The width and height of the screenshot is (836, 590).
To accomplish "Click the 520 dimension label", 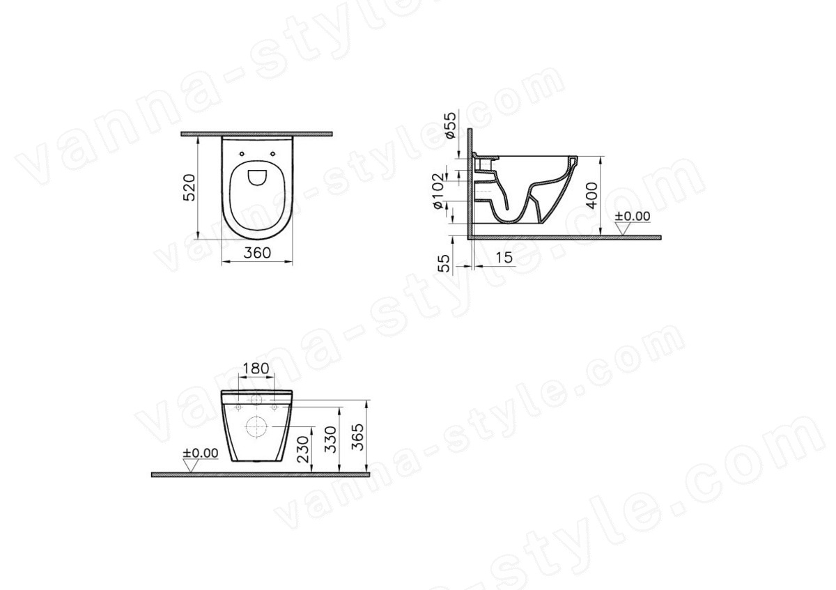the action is (189, 187).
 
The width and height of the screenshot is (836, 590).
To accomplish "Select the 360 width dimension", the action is (257, 253).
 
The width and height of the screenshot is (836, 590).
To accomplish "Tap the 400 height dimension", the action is (591, 196).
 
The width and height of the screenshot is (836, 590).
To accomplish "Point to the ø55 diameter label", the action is (450, 125).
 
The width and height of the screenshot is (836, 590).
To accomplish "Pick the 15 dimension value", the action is (504, 257).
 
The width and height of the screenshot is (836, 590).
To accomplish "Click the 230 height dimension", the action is (305, 449).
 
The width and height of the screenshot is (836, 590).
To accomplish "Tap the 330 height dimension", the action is (330, 440).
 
